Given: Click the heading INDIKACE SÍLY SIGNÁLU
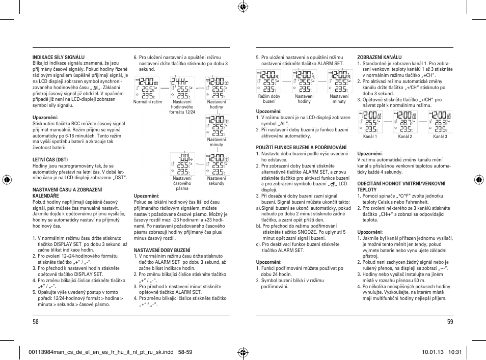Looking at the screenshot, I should (59, 58).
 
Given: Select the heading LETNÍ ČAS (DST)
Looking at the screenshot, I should (50, 159).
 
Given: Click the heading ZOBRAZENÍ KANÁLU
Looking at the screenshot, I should (380, 58).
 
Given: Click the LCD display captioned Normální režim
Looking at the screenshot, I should (147, 88).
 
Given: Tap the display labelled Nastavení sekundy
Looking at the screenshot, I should (217, 164).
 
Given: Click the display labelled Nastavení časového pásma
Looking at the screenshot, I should (182, 164).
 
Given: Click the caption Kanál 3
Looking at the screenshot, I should (440, 136).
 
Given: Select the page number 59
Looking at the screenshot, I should (450, 321).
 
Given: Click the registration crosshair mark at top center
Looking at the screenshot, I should (242, 7).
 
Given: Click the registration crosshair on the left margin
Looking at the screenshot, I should (8, 180).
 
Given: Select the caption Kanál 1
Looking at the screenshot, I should (370, 136).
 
